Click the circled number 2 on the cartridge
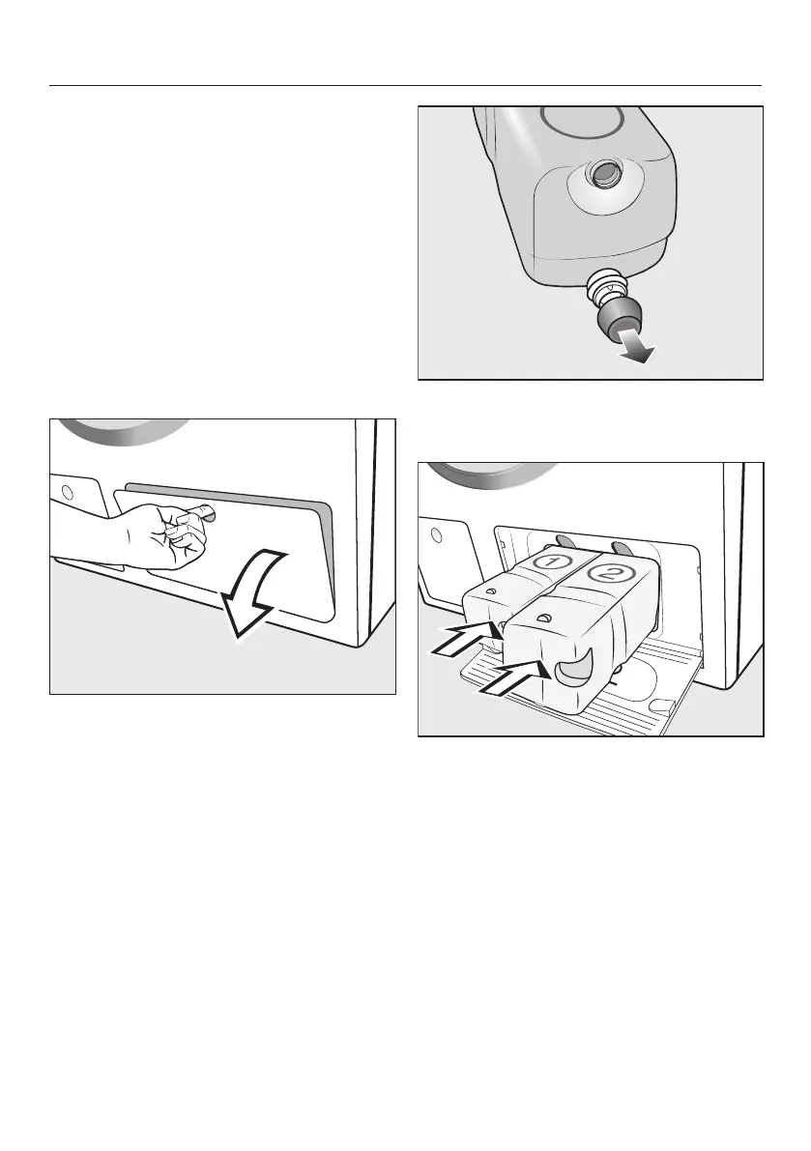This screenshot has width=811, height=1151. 607,573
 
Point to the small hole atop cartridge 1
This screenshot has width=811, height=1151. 489,590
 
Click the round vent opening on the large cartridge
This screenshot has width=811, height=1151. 605,171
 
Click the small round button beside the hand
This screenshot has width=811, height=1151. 68,491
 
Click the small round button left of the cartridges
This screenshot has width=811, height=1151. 436,534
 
